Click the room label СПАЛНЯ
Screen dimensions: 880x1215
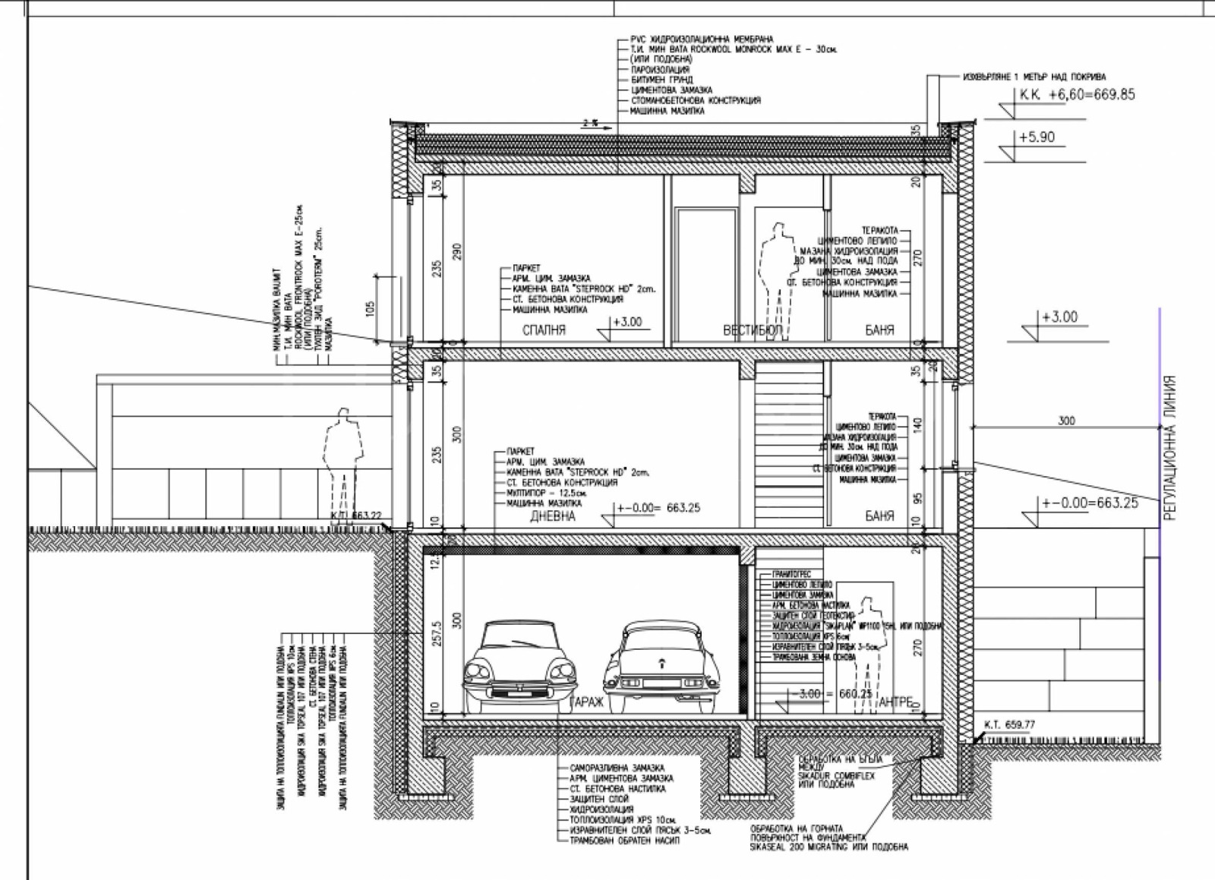pos(544,330)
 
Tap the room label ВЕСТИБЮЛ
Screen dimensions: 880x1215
pos(752,330)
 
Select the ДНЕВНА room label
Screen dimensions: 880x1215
pos(552,516)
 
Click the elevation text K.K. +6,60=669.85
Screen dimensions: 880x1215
pos(1078,95)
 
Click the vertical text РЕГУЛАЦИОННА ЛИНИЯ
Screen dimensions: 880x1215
pos(1170,448)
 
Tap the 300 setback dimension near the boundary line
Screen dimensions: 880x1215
pos(1066,421)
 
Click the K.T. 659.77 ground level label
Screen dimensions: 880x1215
pos(1008,724)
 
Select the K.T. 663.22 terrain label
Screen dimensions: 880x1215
pos(355,515)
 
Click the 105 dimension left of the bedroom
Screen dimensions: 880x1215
pos(371,308)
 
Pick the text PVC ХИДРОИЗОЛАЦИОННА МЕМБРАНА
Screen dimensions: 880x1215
pos(701,39)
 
